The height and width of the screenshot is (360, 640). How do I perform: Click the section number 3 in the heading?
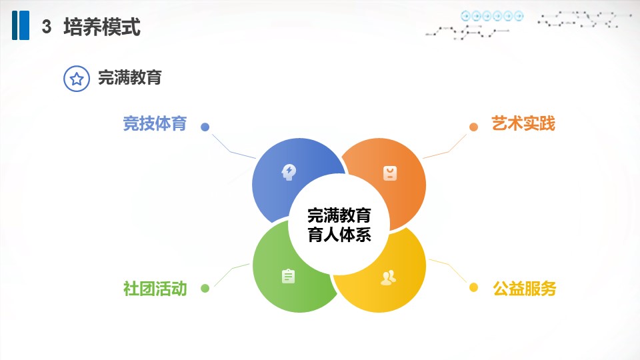47,27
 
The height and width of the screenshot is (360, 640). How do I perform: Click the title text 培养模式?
102,27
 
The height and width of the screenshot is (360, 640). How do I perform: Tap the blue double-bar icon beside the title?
21,25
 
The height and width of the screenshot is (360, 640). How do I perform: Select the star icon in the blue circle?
77,79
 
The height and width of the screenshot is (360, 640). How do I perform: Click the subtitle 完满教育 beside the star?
130,77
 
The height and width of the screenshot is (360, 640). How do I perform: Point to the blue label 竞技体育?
155,123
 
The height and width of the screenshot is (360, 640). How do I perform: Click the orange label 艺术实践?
523,123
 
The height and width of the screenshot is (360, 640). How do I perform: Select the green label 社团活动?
155,289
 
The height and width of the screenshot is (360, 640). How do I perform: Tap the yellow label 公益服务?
525,289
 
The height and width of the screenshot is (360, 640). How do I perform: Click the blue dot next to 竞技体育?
205,127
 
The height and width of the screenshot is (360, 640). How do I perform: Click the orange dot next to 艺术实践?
473,127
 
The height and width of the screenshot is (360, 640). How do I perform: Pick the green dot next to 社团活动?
205,289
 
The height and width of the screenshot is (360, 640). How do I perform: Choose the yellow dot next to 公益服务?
473,287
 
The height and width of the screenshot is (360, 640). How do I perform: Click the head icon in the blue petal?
289,172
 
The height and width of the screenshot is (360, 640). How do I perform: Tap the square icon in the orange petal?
390,173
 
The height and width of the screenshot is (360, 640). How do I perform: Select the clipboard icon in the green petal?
288,276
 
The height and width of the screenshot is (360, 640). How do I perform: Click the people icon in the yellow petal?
388,277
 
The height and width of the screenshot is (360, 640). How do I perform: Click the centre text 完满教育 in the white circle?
339,215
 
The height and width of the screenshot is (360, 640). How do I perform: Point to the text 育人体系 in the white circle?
339,235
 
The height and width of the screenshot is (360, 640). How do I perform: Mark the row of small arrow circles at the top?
492,16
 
